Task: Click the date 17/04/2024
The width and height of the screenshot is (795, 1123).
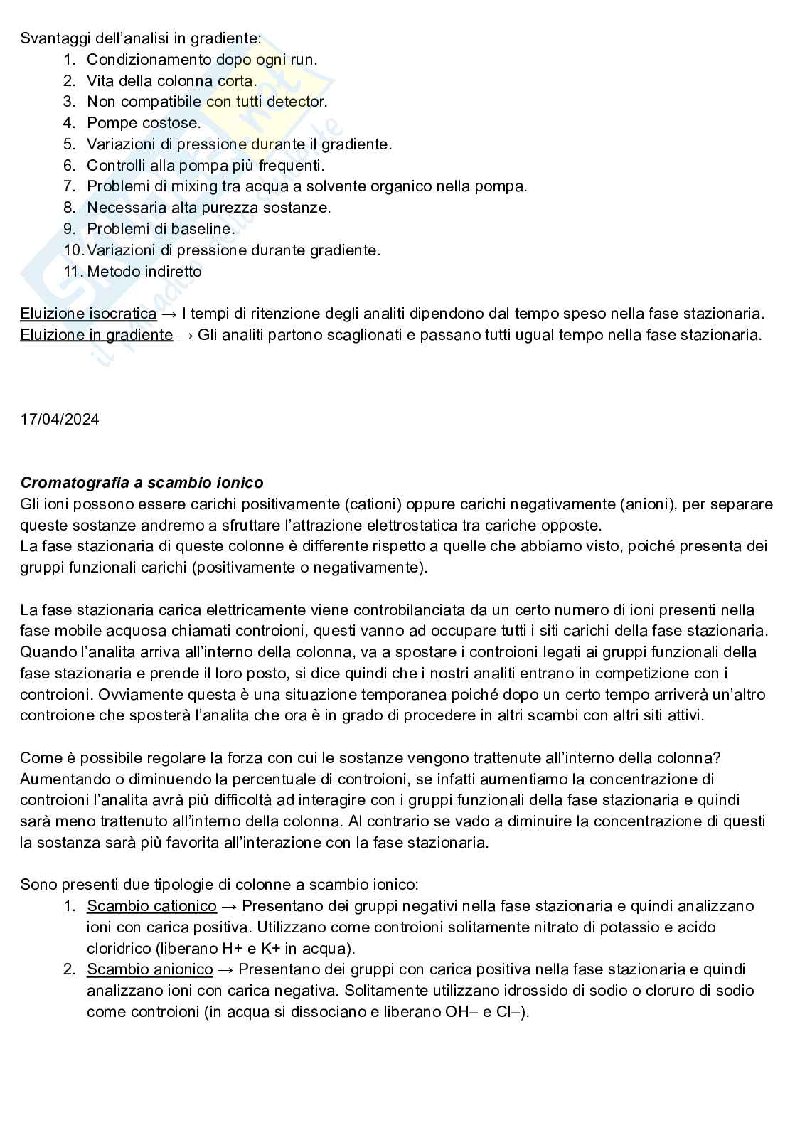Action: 60,420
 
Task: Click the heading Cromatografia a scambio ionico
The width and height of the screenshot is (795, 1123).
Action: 142,483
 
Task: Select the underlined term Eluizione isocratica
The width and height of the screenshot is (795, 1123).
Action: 88,314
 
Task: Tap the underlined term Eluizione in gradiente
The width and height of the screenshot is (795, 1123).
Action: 96,335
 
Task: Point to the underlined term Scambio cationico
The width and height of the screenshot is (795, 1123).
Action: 151,906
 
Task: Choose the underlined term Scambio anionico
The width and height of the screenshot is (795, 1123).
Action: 149,969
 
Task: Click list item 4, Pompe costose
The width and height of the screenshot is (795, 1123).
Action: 144,123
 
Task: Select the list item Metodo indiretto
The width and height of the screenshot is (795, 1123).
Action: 144,272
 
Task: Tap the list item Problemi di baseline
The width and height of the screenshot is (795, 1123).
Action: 160,229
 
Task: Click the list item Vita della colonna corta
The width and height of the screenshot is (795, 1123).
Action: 171,81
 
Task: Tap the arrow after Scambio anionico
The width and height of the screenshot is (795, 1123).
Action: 225,969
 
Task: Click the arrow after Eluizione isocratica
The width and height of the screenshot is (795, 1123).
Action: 169,314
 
